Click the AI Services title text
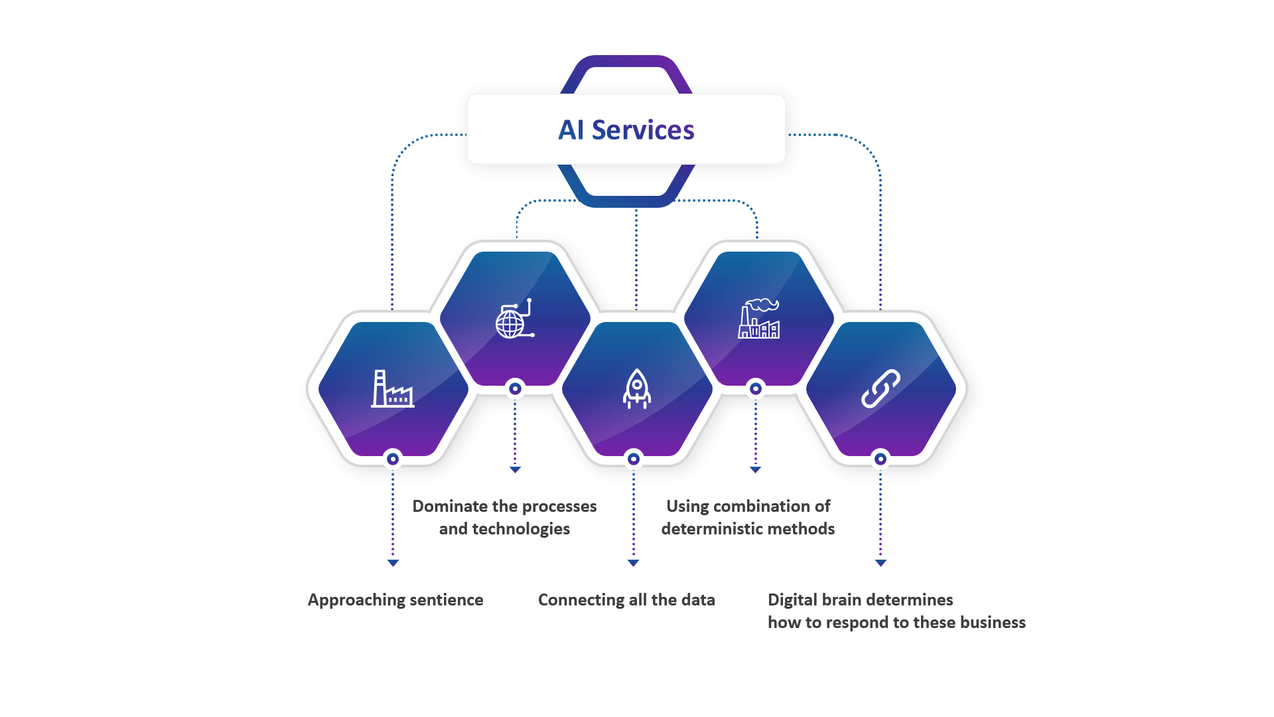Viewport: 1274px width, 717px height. point(626,130)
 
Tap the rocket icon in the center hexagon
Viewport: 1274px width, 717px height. point(636,388)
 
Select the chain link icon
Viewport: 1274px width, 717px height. point(881,388)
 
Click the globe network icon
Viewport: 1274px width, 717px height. point(514,319)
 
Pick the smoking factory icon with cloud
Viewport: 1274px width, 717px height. point(759,319)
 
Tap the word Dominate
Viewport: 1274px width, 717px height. point(449,507)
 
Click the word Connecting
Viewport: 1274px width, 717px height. point(581,600)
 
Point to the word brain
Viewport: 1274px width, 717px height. point(842,600)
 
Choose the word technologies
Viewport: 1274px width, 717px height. point(521,529)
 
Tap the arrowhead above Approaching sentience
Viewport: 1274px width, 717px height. point(393,563)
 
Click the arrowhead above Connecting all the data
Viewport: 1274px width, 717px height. point(633,563)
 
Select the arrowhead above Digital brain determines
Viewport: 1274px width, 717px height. point(881,563)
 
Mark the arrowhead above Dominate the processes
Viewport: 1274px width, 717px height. point(515,469)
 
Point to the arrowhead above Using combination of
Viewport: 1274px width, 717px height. point(755,469)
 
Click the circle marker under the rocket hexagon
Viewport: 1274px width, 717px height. point(634,459)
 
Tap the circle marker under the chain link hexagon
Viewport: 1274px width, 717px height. point(881,459)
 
